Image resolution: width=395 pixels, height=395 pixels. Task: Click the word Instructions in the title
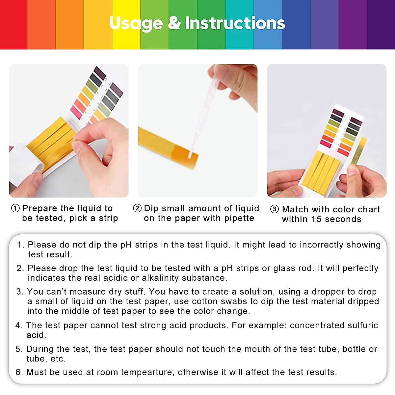click(235, 23)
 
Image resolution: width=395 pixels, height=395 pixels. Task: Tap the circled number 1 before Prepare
click(15, 208)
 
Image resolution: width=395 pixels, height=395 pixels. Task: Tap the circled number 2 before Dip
click(137, 208)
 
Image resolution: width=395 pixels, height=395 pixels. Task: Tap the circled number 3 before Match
click(275, 209)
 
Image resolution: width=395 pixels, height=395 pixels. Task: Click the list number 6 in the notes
click(19, 372)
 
